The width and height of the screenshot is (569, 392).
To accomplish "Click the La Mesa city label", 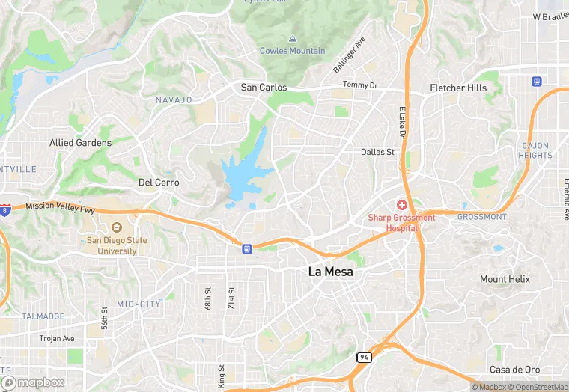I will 330,272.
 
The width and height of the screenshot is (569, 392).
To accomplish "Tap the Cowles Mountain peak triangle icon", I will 292,39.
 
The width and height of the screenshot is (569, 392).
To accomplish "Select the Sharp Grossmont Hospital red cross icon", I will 402,205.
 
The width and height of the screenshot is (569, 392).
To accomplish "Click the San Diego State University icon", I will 116,227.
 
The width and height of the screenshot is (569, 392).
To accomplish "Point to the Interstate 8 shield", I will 5,210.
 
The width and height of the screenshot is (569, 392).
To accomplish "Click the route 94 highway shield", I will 364,358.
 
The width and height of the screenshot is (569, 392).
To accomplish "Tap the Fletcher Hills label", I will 458,88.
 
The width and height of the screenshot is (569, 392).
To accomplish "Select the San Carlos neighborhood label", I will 264,88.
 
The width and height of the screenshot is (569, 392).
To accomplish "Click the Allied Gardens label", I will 80,142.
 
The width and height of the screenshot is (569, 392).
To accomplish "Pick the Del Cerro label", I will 159,182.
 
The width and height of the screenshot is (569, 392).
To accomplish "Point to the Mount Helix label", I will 505,279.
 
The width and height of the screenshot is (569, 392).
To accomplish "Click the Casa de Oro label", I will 514,370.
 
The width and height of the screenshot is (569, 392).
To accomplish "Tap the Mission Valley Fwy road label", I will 57,207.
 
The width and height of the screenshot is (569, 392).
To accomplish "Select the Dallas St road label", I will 377,152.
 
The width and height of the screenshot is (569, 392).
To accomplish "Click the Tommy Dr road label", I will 361,85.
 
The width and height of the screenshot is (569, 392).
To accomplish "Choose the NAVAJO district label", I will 174,99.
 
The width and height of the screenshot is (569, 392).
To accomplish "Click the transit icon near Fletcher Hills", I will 536,81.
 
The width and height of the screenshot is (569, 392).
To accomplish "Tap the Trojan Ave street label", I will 58,338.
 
